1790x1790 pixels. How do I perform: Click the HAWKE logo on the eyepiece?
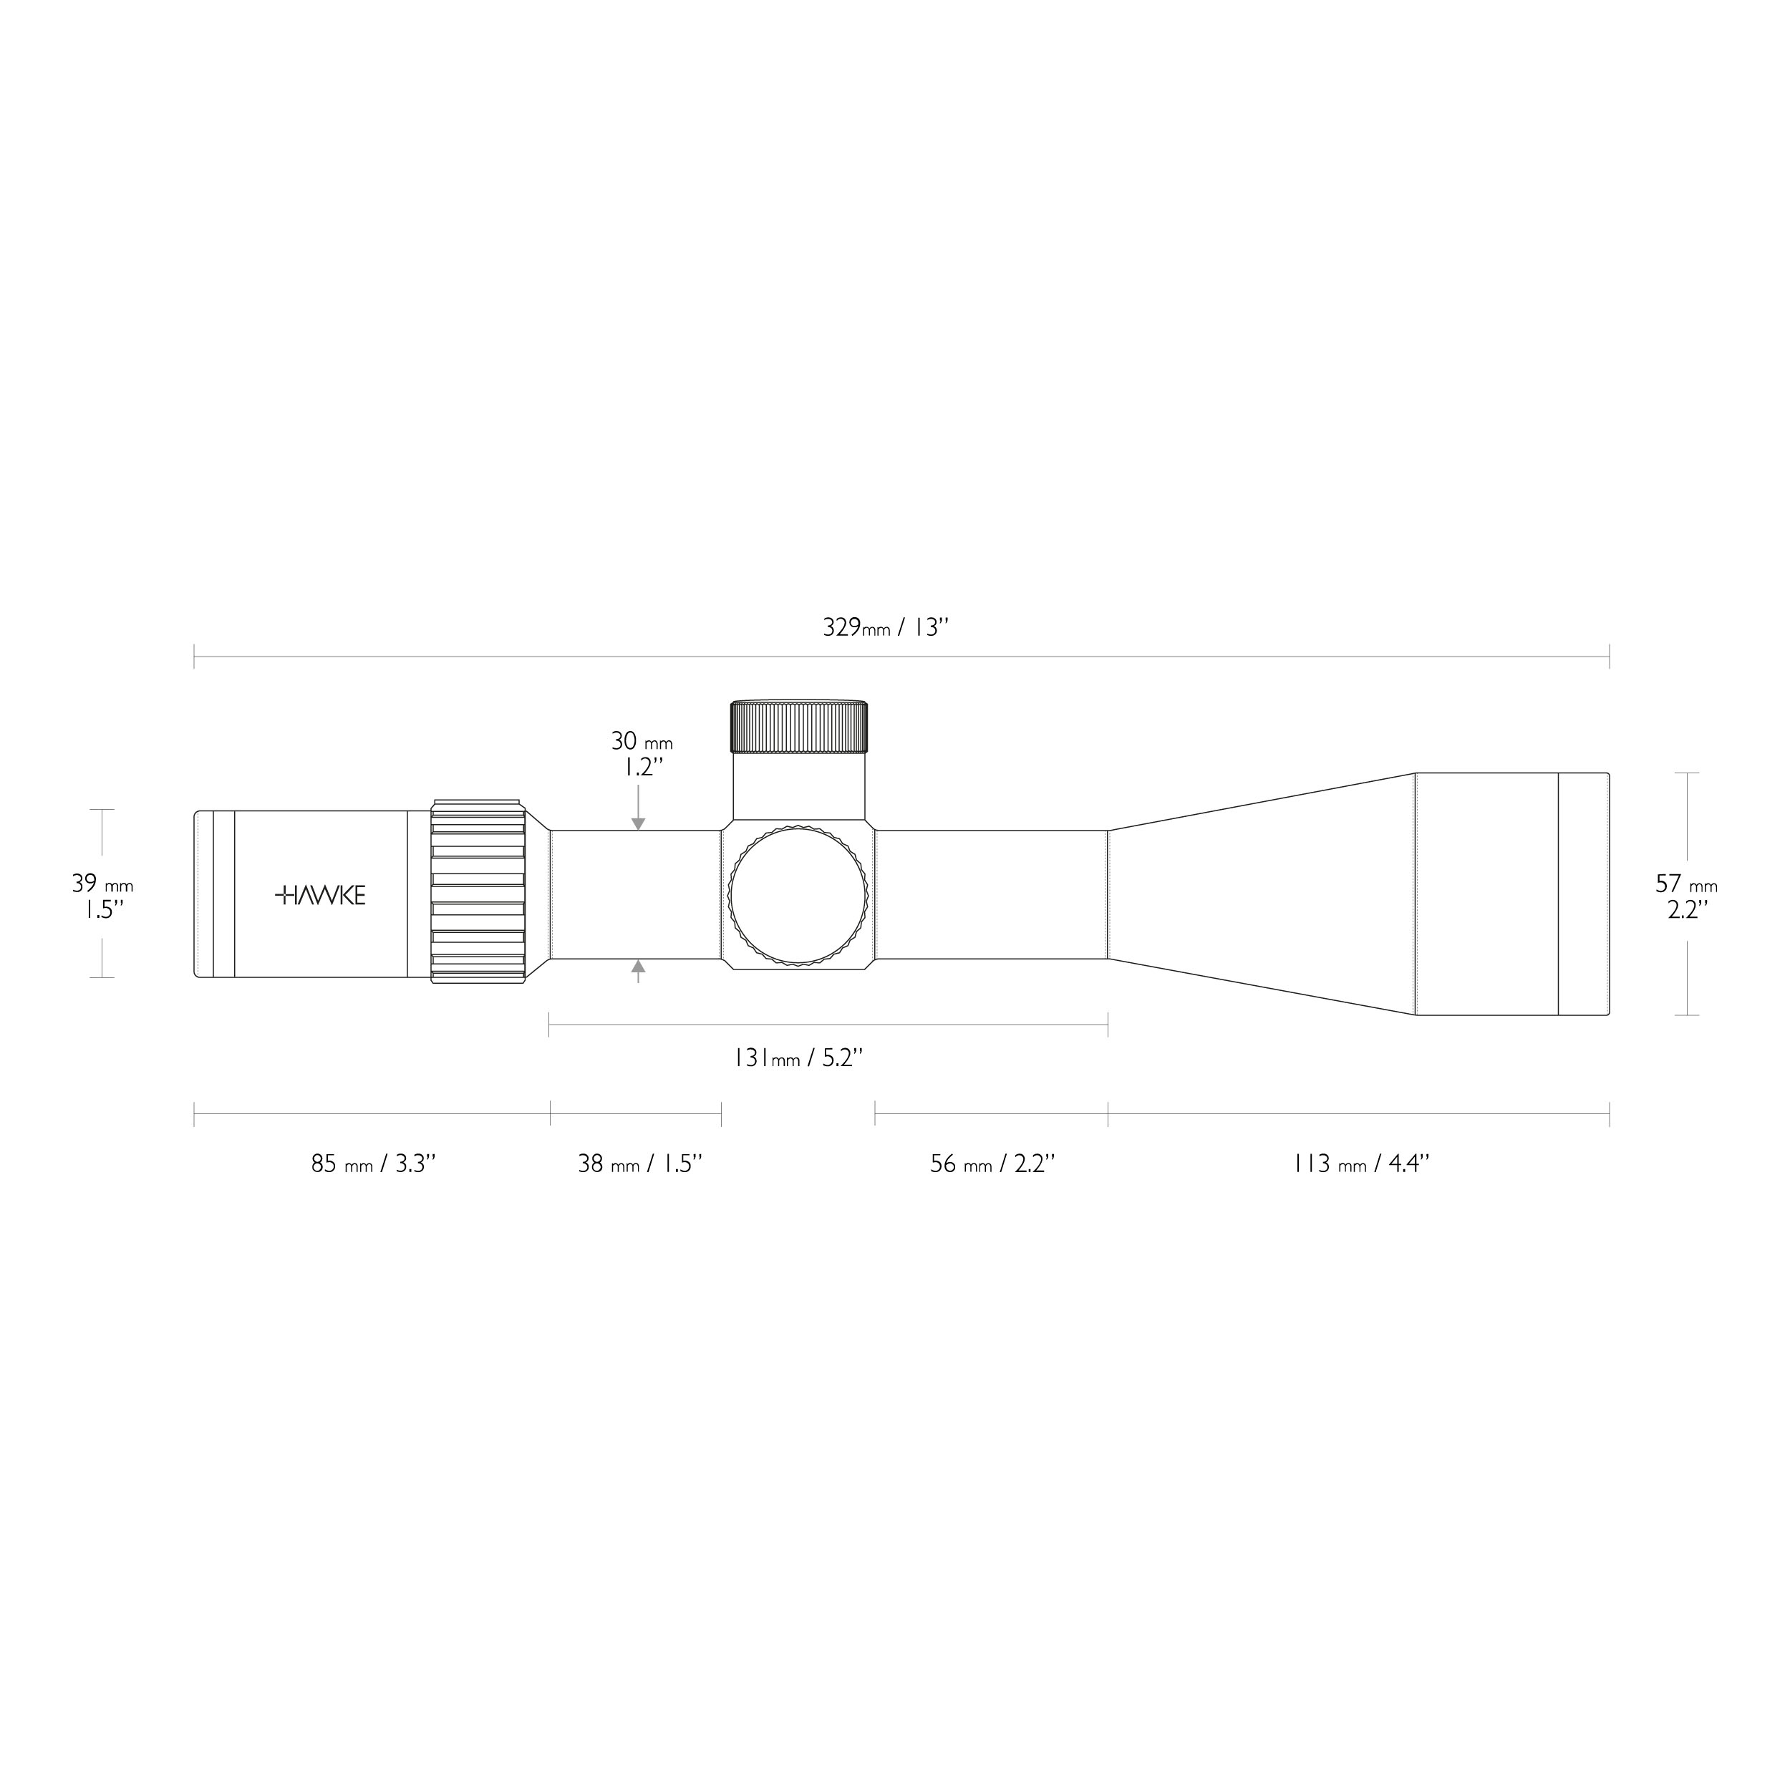[x=321, y=895]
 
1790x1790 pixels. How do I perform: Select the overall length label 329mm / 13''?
[x=886, y=627]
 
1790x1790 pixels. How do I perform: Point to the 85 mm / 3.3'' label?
[x=373, y=1163]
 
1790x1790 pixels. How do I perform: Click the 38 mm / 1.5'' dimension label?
[x=640, y=1163]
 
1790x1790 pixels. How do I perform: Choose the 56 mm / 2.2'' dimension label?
[x=993, y=1163]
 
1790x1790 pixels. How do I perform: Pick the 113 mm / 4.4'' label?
[x=1362, y=1163]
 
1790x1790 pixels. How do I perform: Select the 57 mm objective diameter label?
[x=1687, y=884]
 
